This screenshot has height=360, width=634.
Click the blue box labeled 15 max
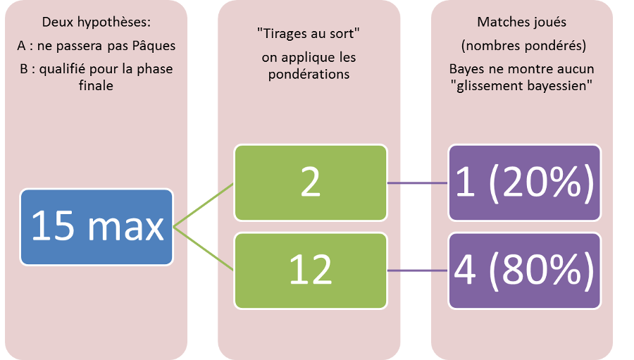97,227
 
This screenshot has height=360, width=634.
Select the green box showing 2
311,183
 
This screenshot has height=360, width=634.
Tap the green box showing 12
311,271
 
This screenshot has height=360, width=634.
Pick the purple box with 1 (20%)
524,183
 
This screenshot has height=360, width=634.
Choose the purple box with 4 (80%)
524,271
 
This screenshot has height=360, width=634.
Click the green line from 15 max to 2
204,205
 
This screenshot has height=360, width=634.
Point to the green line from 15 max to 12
204,249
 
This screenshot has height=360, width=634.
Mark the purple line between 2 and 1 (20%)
418,183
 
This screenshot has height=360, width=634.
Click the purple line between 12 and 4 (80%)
418,271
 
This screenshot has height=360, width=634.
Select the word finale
97,85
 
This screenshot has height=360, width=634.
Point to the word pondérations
309,75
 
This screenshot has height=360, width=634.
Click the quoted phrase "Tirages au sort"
309,34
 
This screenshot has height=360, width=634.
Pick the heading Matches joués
521,22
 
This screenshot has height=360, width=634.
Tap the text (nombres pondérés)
524,46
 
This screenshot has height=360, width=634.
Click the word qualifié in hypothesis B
63,69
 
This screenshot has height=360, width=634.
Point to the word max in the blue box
126,227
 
